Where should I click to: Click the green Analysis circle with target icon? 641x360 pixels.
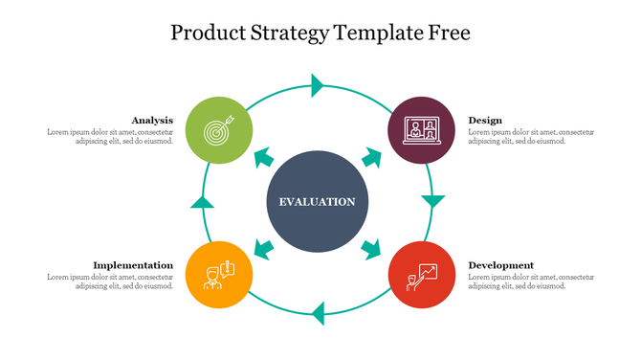tap(219, 129)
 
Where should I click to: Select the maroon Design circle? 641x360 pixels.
tap(421, 129)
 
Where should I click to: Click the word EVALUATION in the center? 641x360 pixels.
tap(317, 202)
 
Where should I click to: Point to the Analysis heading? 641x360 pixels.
tap(152, 120)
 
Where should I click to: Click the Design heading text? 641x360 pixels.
tap(485, 120)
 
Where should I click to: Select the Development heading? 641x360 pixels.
tap(500, 264)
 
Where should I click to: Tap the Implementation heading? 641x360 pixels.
tap(133, 264)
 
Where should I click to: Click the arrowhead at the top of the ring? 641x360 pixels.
tap(318, 85)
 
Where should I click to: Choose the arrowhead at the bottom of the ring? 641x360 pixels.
tap(318, 313)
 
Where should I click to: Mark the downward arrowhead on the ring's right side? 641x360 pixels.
tap(433, 201)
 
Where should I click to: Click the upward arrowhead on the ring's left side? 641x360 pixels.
tap(202, 201)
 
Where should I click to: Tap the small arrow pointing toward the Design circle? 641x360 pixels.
tap(371, 155)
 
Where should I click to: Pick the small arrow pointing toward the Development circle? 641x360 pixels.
tap(371, 250)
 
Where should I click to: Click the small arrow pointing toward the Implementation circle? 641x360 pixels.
tap(263, 250)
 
